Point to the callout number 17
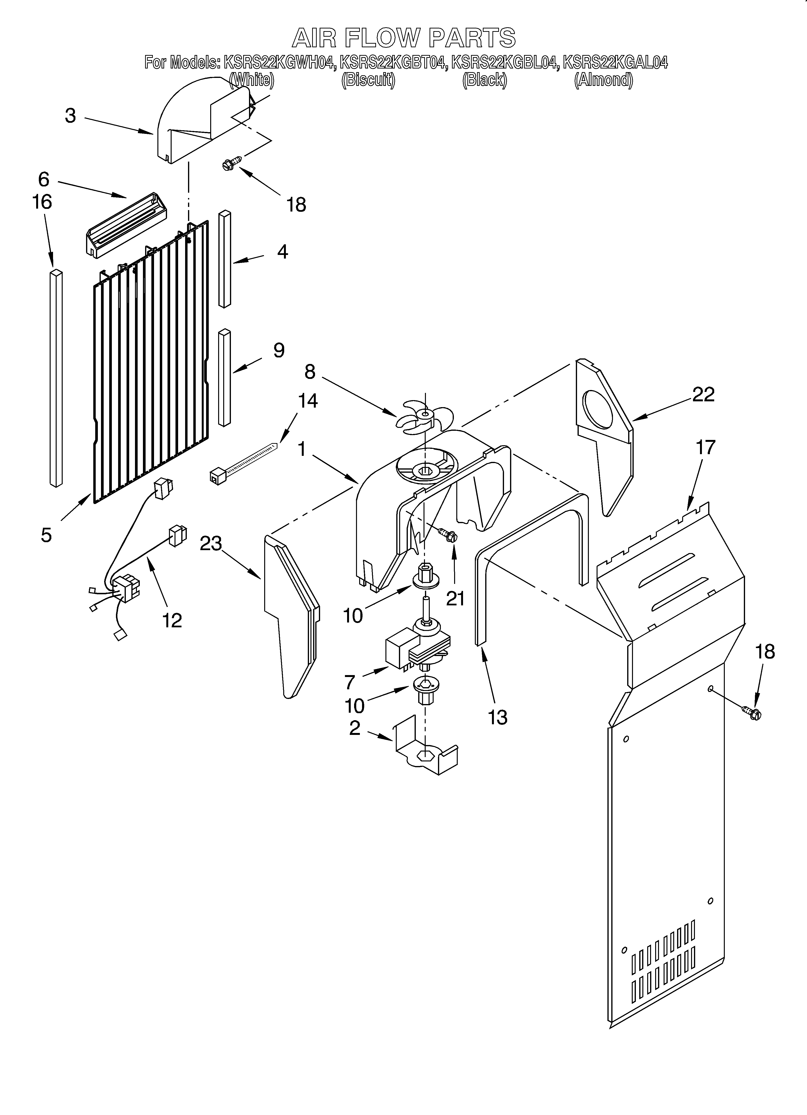(x=705, y=447)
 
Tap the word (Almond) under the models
(x=604, y=80)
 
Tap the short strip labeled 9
(x=225, y=377)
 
